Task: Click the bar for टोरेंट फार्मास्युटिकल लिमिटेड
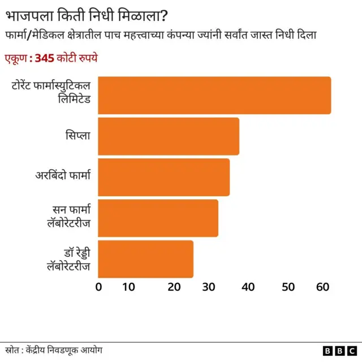coord(214,95)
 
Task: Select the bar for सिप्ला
coord(169,136)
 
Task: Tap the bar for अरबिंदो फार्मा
coord(164,177)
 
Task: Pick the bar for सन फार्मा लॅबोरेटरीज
coord(158,218)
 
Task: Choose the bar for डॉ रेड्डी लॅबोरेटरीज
coord(146,259)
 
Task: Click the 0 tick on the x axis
coord(99,287)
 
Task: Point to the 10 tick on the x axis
coord(128,287)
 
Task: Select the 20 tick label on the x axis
coord(174,287)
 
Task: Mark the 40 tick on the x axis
coord(248,287)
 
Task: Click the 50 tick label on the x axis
coord(288,287)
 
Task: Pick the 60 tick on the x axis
coord(323,287)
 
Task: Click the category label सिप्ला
coord(77,136)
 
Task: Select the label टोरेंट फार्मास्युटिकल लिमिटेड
coord(51,95)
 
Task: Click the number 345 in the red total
coord(44,58)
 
